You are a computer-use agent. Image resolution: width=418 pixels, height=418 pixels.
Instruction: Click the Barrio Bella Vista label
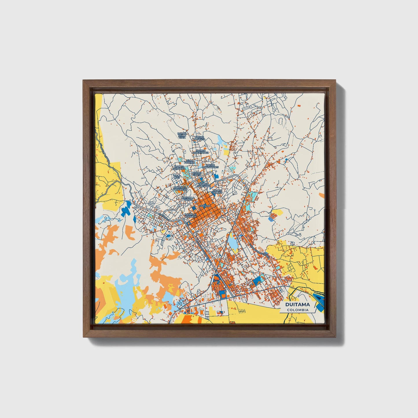tap(182, 136)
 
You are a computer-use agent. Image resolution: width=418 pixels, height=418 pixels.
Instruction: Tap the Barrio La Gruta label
tap(200, 138)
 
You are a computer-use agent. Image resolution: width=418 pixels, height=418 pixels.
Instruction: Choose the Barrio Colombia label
tap(179, 167)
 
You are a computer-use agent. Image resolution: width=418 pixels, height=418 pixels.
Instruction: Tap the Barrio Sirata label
tap(197, 174)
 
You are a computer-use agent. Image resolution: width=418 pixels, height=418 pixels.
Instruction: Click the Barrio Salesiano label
tap(205, 185)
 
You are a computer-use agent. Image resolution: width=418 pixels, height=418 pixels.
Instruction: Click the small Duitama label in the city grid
tap(205, 206)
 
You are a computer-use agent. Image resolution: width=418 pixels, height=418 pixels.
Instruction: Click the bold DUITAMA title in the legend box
tap(297, 305)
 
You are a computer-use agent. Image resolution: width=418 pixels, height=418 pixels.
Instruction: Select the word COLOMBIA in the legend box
tap(297, 310)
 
